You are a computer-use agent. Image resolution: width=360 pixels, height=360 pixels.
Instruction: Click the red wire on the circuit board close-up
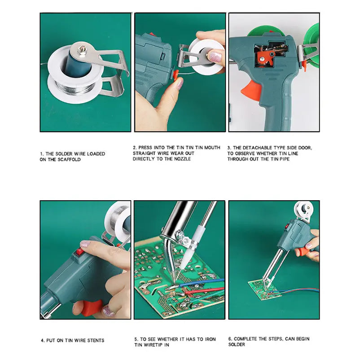pyautogui.click(x=204, y=290)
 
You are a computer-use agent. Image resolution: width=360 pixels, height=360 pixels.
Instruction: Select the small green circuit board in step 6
pyautogui.click(x=265, y=289)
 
